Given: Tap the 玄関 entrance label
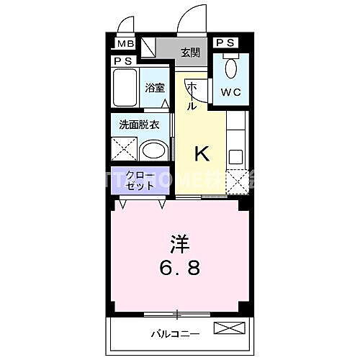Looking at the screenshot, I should (190, 52).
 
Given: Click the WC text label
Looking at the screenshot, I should (231, 92).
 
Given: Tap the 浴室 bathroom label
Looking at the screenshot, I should (154, 89).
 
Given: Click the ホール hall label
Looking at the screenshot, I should (192, 96).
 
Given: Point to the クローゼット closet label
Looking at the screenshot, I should (140, 180).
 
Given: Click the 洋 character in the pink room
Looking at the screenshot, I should (179, 244).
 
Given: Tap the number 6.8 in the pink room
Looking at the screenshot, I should (179, 269).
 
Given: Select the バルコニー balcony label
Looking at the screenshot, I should (176, 333).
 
